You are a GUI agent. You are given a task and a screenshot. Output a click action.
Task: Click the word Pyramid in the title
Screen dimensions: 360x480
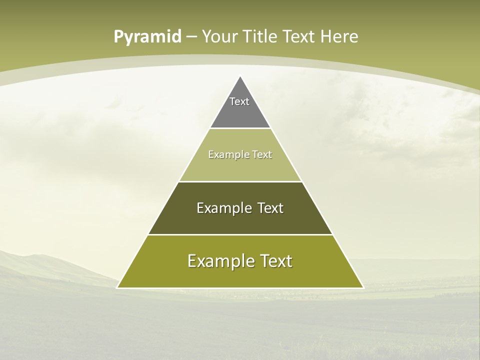pos(147,37)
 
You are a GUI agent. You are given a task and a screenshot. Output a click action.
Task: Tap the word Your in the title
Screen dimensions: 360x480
pos(219,36)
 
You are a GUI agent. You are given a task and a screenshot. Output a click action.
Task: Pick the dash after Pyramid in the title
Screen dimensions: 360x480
pos(191,37)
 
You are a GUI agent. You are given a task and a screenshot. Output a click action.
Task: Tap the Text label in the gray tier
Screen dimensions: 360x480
pos(239,101)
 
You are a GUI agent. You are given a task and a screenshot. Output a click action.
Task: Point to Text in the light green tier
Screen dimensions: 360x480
pos(262,154)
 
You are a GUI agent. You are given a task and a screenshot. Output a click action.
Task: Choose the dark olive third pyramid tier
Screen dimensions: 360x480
pos(240,220)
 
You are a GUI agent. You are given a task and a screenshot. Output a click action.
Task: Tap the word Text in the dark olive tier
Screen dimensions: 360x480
pos(271,208)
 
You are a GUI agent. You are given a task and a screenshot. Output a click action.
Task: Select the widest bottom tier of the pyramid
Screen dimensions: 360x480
pos(240,275)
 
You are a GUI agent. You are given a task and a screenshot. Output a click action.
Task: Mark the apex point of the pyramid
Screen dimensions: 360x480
pos(240,77)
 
